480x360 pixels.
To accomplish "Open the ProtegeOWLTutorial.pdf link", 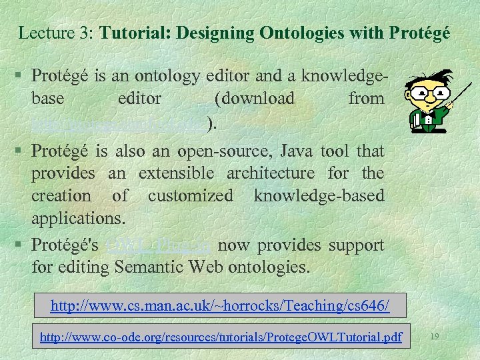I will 221,337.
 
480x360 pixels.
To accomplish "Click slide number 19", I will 434,337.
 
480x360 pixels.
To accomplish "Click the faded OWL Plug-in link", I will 159,245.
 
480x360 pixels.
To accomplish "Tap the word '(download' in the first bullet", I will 255,99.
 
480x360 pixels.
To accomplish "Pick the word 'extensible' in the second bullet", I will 176,173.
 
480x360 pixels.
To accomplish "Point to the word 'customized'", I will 191,196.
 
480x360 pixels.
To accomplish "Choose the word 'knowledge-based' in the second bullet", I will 319,196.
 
